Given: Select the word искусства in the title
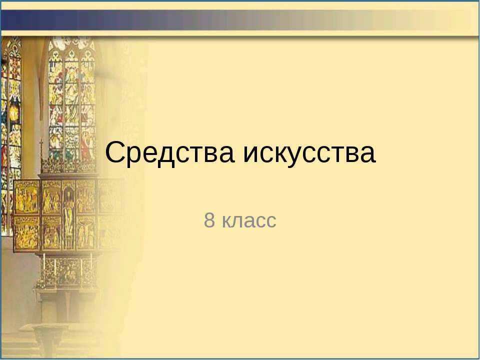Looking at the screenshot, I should tap(309, 153).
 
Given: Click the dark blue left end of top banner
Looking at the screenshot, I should tap(20, 20).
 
